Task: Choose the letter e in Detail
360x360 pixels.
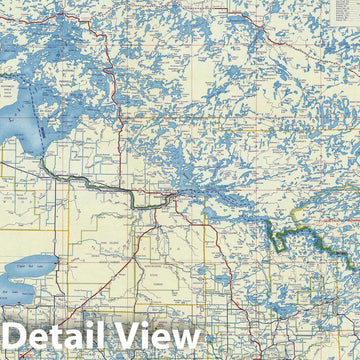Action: click(49, 339)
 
